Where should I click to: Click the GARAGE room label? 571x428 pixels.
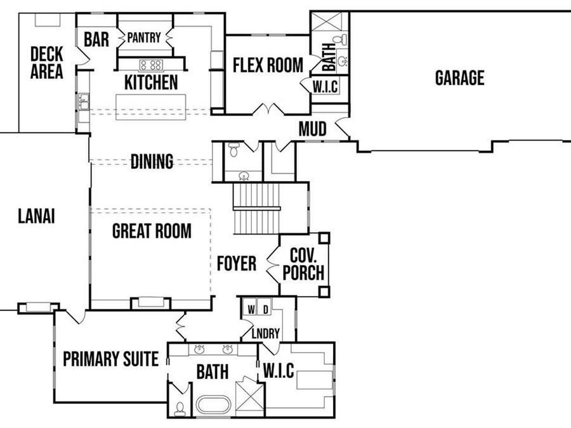(x=459, y=78)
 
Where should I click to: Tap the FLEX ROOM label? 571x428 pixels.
(x=267, y=65)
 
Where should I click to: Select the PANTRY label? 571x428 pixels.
(x=144, y=38)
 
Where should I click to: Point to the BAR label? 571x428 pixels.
(x=96, y=40)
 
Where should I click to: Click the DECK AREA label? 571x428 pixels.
(x=46, y=62)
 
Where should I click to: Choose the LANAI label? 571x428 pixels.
(x=36, y=216)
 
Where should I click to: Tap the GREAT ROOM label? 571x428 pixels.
(x=152, y=231)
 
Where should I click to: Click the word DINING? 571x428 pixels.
(x=152, y=162)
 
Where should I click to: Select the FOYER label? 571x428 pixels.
(x=236, y=263)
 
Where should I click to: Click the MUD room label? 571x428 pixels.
(x=312, y=129)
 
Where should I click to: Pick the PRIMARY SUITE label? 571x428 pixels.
(x=110, y=360)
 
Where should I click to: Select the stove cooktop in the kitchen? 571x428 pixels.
(x=151, y=64)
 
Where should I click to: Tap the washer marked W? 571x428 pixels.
(x=251, y=309)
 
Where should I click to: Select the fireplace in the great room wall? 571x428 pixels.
(x=150, y=302)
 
